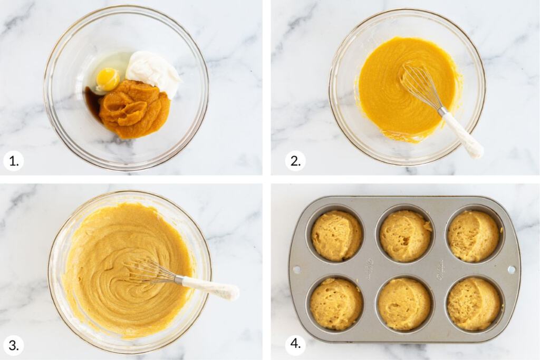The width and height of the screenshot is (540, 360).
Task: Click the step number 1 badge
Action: click(13, 160)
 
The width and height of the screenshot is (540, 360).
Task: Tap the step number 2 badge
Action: click(295, 160)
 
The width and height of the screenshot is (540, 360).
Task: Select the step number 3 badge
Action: click(13, 345)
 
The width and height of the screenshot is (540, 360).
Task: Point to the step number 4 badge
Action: click(295, 345)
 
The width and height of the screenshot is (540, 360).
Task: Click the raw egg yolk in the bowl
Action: click(108, 79)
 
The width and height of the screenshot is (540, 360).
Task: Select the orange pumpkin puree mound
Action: click(134, 108)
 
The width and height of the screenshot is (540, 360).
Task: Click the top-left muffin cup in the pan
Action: click(336, 236)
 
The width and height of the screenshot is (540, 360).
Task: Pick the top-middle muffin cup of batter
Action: click(405, 236)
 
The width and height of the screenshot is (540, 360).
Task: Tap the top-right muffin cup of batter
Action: click(473, 236)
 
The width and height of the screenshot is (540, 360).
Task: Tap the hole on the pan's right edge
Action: click(511, 269)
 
